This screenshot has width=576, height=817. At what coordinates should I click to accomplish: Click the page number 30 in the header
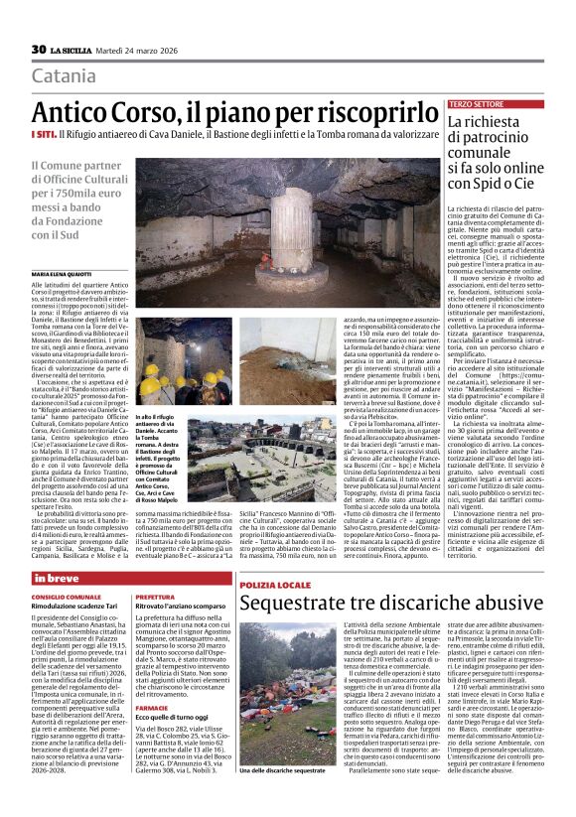coord(39,50)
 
